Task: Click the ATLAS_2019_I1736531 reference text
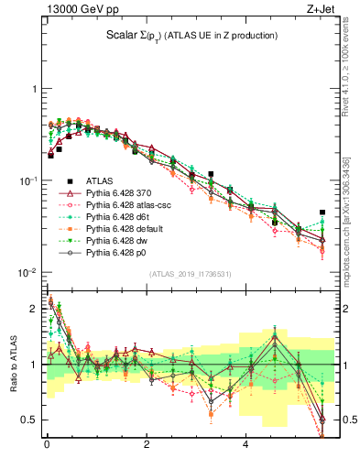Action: point(191,274)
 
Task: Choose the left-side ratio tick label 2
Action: point(35,308)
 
